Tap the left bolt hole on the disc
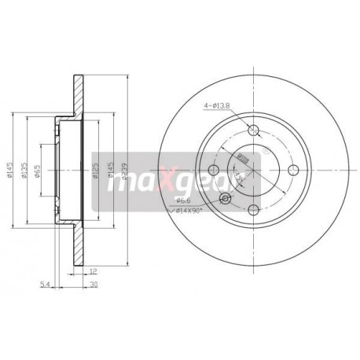click(214, 169)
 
